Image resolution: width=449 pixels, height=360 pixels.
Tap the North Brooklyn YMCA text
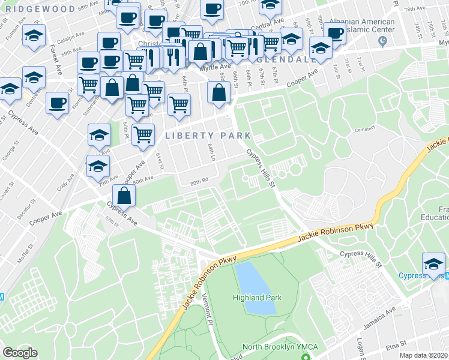click(x=280, y=347)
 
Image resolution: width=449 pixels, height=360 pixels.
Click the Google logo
click(x=20, y=353)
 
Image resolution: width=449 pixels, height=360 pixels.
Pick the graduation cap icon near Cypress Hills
click(x=433, y=263)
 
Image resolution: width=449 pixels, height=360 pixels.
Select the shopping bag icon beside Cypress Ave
click(x=124, y=196)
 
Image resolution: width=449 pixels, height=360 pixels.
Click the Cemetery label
click(x=364, y=128)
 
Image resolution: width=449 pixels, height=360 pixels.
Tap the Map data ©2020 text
click(x=423, y=355)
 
